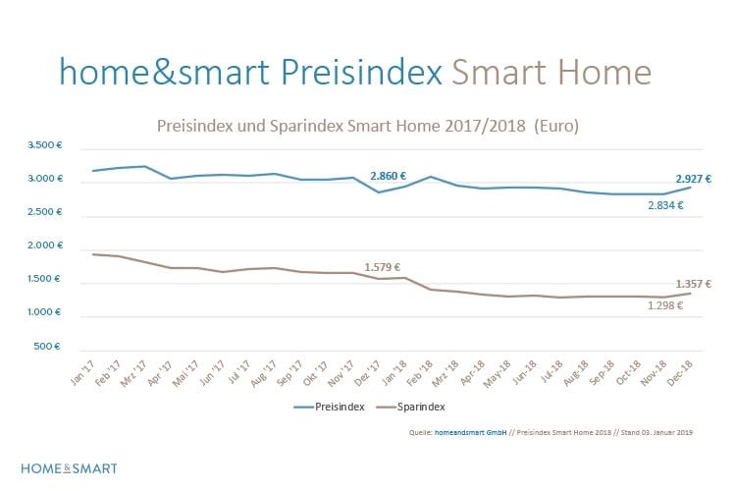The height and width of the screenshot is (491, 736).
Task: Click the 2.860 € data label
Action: point(389,176)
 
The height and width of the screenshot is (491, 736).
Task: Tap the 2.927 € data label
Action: point(692,179)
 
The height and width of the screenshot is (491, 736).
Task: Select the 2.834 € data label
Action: point(664,206)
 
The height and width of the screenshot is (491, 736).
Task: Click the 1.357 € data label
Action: point(692,284)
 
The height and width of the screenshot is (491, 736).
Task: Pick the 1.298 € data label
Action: point(664,305)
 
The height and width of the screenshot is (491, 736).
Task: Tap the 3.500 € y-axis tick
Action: point(45,145)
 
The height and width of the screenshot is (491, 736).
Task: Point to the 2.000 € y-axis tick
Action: point(45,245)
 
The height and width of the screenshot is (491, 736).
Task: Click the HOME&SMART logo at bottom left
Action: point(69,467)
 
